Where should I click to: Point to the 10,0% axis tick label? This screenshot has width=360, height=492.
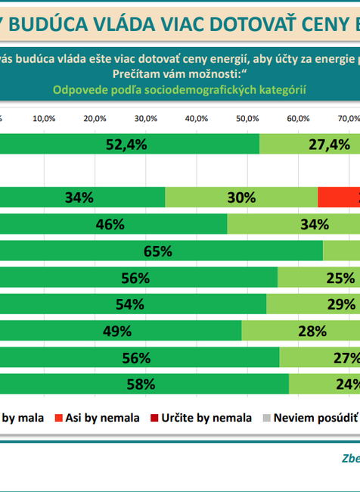pos(44,118)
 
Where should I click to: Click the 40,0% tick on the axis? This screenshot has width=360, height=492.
pos(196,118)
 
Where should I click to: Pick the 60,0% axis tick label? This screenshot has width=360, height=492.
pos(298,118)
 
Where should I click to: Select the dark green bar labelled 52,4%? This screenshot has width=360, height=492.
pos(129,145)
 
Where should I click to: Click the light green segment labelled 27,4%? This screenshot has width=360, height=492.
pos(310,145)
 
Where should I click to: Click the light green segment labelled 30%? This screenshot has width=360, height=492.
pos(241,198)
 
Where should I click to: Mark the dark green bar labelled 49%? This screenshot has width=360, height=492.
pos(121,331)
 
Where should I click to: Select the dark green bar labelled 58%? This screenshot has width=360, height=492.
pos(144,384)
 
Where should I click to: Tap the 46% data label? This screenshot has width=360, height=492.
pos(110,224)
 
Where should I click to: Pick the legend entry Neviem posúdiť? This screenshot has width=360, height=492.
pos(315,417)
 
